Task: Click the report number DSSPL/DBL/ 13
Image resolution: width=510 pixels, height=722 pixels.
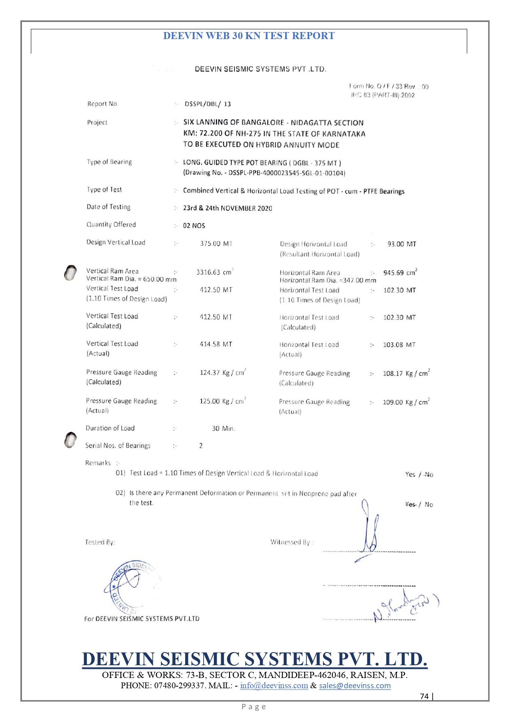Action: [x=208, y=104]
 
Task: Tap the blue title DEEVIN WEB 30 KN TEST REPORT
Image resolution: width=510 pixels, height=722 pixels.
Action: [x=249, y=36]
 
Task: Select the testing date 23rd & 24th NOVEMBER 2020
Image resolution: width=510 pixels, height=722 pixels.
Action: [x=227, y=208]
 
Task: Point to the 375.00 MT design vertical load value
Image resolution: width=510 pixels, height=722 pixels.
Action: [x=216, y=244]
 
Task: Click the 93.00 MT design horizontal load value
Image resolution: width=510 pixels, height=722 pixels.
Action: [x=401, y=244]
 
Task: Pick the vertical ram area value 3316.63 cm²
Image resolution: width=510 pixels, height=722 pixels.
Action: [x=214, y=272]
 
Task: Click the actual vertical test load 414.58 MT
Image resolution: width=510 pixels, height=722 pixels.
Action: [x=216, y=344]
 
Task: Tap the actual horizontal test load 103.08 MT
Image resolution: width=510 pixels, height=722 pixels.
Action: [x=399, y=345]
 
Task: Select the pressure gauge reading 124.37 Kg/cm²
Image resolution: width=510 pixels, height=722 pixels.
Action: [x=223, y=372]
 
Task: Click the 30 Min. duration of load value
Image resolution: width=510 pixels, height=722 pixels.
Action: [x=223, y=429]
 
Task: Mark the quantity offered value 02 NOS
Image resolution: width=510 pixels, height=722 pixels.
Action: [x=194, y=225]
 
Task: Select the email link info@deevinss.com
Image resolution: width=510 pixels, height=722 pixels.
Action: [x=274, y=685]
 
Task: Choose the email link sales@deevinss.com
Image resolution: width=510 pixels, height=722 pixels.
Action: [x=355, y=685]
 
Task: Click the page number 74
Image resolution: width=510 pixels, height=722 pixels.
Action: [x=424, y=696]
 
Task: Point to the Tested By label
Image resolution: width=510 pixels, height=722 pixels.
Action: [x=100, y=542]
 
